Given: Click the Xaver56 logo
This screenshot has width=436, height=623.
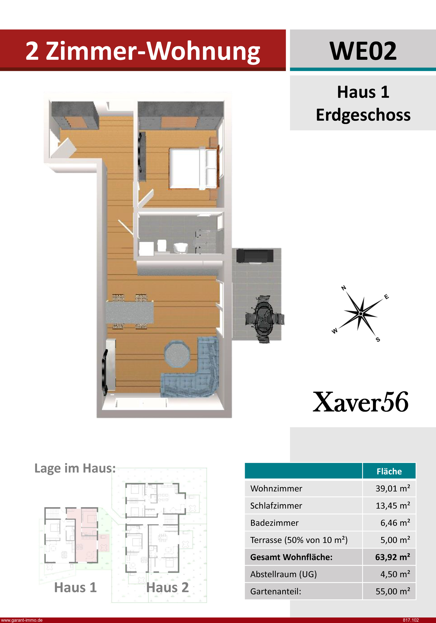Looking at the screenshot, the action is pos(361,402).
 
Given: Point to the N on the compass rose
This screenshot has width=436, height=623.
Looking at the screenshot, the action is pos(343,288).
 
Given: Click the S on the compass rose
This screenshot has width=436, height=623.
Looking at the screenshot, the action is pos(378,339).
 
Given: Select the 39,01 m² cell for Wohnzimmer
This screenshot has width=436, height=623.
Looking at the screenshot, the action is pos(393,488).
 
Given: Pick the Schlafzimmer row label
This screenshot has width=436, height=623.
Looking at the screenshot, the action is pos(276,505).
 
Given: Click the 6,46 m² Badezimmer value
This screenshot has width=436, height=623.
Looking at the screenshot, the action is pos(395,523).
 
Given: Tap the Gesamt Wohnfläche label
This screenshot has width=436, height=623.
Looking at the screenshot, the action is pos(291,557).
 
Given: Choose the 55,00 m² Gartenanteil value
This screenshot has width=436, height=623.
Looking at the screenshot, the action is pos(393,591).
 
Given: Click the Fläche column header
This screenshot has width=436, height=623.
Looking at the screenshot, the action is pos(389,471).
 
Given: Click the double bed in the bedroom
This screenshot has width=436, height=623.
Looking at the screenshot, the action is pos(193,168).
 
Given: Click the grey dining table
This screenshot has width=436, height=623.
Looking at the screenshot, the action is pos(130,312).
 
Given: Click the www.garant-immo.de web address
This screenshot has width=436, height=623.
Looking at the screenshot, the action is pos(22,620).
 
